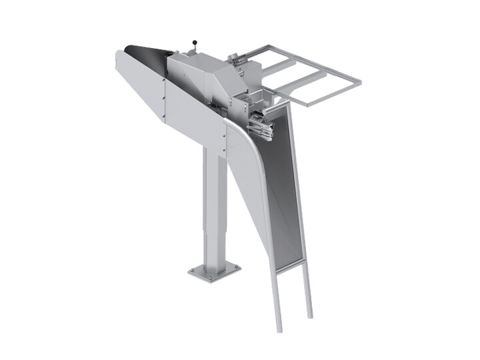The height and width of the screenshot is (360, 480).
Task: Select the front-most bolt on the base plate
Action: click(x=214, y=278)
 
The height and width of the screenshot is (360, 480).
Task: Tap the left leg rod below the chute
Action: click(x=274, y=300)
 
